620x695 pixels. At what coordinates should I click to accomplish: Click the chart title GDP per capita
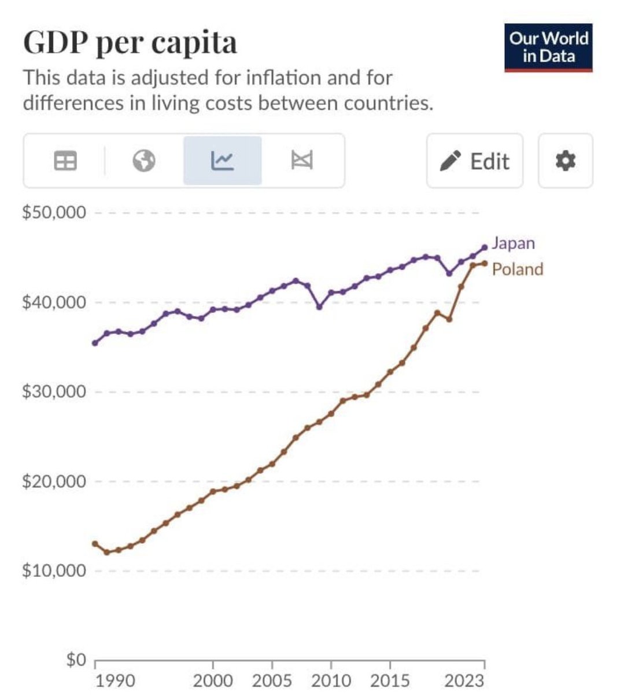130,42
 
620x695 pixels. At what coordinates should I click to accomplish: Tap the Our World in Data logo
548,47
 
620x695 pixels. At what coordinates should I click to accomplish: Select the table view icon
65,160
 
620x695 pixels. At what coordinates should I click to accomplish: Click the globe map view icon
143,160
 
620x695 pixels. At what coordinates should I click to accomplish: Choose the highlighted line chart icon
222,160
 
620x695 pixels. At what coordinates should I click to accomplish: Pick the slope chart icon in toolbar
301,160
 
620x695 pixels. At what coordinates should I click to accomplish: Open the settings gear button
565,160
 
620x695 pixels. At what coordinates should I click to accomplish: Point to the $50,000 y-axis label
54,213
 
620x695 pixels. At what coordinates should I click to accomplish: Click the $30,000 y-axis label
54,392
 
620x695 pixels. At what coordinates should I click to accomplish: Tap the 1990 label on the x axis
115,680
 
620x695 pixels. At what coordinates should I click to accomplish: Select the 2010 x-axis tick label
331,680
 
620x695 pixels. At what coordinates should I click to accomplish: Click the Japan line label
513,243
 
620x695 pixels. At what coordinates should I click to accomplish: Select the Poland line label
518,269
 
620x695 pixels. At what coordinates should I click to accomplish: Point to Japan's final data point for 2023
485,247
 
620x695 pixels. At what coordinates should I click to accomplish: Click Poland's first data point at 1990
95,543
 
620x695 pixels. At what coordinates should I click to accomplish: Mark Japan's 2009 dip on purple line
319,306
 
